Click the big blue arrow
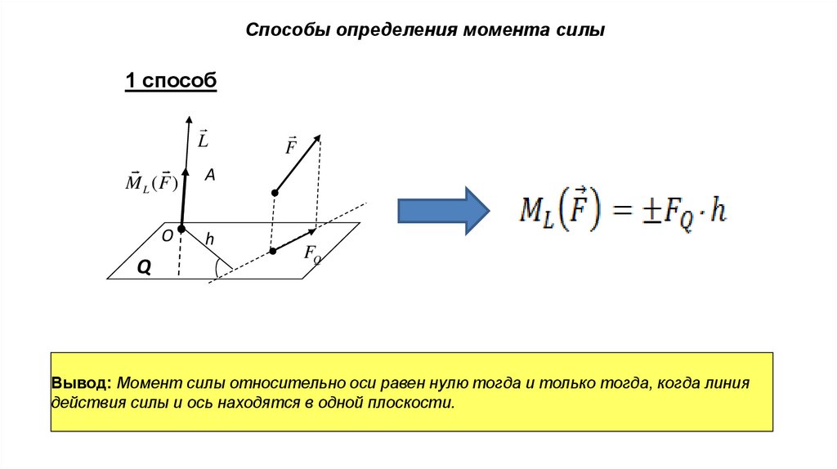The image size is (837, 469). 442,210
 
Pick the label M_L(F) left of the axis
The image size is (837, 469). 151,181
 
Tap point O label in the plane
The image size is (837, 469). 167,235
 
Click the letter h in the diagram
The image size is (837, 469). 209,239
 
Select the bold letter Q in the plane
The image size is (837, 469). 144,267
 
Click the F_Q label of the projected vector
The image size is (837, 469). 312,254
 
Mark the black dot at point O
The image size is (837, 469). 181,229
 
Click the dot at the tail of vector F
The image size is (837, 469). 275,193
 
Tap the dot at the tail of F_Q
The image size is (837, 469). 273,251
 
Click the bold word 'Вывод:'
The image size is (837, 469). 81,383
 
